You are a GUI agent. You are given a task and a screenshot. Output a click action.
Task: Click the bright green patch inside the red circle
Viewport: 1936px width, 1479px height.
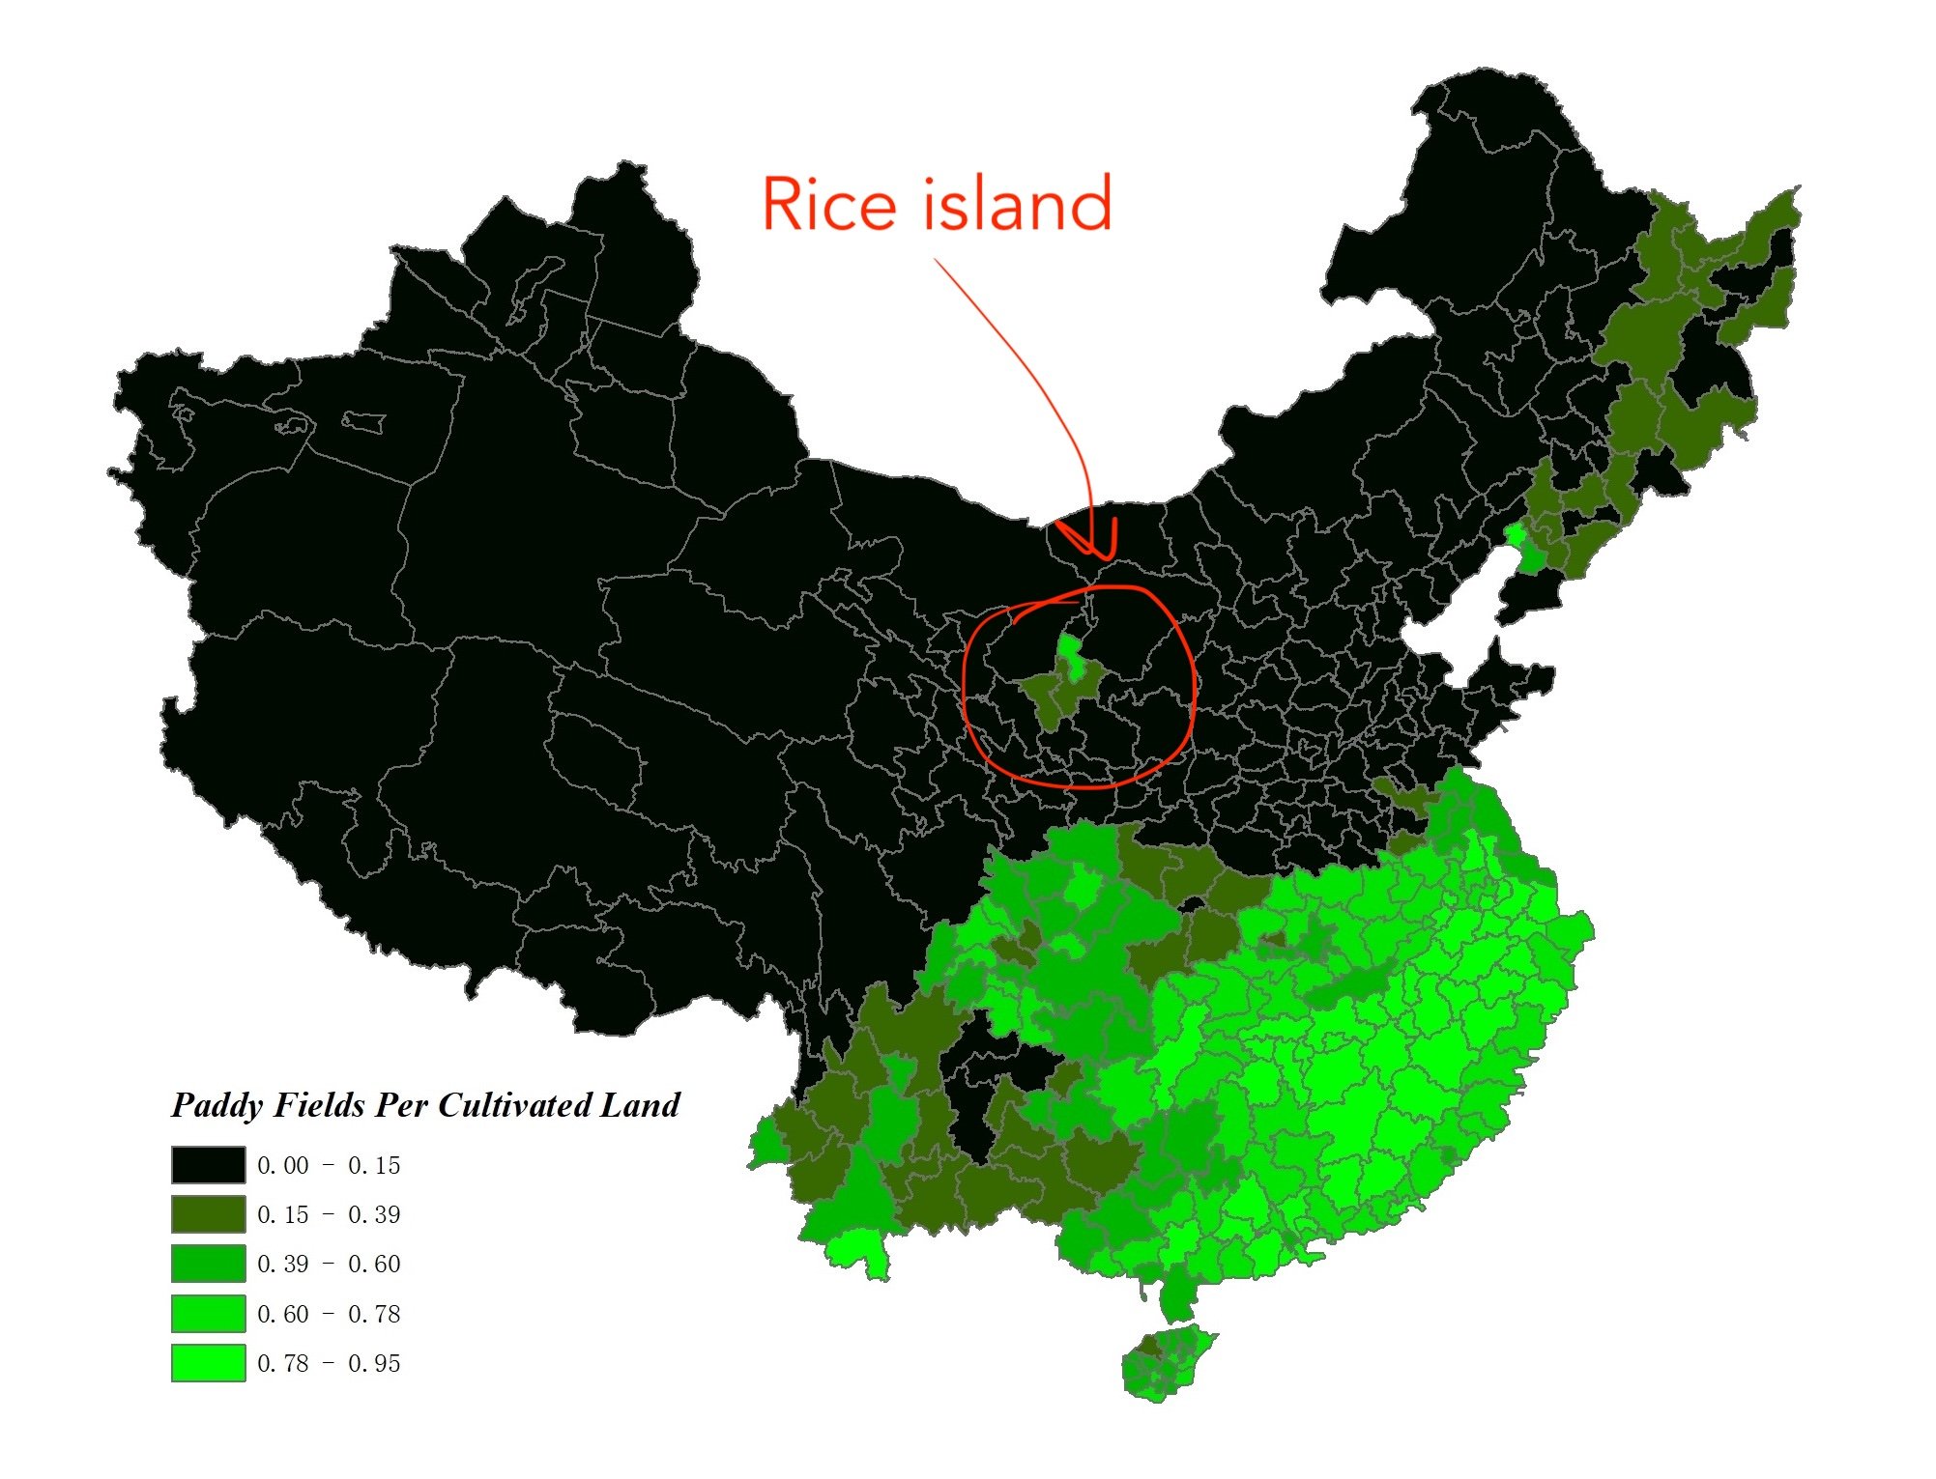click(1068, 647)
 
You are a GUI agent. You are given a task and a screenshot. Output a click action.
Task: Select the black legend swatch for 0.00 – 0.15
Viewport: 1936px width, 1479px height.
click(208, 1165)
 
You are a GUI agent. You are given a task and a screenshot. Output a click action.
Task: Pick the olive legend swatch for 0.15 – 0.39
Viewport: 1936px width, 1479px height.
click(208, 1214)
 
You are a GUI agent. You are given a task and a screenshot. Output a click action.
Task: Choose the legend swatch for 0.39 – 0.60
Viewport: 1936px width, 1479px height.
click(208, 1264)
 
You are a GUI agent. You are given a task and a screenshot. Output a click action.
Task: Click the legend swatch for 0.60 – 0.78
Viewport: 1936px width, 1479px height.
click(208, 1314)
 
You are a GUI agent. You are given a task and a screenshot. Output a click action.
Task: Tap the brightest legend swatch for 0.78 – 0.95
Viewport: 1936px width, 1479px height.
click(208, 1363)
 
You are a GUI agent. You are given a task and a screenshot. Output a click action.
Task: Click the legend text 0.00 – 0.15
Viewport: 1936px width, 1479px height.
click(329, 1166)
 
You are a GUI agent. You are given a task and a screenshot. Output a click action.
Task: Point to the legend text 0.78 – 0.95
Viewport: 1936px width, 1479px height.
click(329, 1364)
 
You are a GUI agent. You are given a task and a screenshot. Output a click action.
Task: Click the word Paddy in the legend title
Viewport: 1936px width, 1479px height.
click(217, 1105)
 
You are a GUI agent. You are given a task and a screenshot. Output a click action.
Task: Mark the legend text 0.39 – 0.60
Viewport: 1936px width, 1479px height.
click(329, 1265)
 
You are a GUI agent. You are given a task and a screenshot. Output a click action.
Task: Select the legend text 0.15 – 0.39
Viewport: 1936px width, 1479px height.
click(329, 1215)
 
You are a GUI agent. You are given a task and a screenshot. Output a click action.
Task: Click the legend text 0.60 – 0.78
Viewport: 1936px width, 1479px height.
click(329, 1315)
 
